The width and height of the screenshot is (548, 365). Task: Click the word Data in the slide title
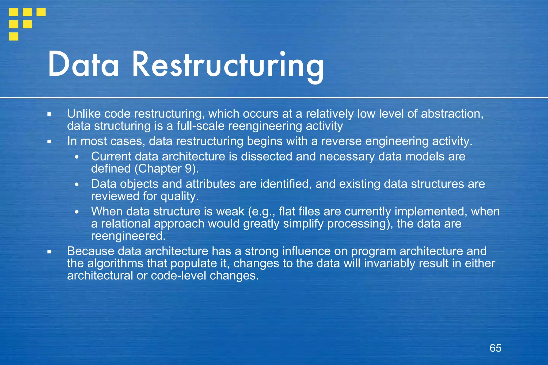tap(83, 65)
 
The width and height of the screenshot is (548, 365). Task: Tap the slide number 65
tap(495, 348)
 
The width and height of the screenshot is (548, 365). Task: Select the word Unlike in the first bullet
tap(84, 114)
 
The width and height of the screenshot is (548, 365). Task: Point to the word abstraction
tap(452, 114)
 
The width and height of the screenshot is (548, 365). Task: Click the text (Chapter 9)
tap(167, 169)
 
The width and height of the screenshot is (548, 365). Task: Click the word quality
tap(180, 196)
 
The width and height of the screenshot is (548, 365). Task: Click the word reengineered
tap(128, 236)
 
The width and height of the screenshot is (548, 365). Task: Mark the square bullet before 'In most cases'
tap(49, 141)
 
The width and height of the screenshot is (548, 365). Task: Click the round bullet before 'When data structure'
tap(77, 212)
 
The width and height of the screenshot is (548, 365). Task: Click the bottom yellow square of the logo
tap(14, 36)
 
